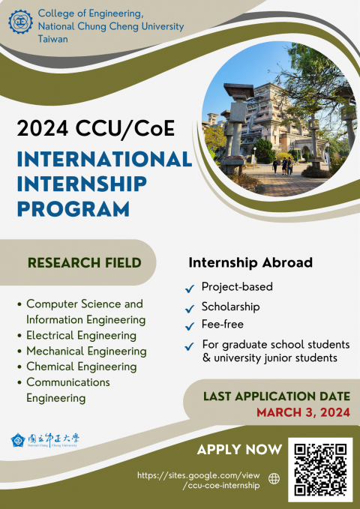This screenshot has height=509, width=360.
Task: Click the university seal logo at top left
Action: pyautogui.click(x=20, y=22)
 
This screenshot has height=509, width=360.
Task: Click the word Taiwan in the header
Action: pyautogui.click(x=52, y=39)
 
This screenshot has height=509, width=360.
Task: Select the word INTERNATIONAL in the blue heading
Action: pyautogui.click(x=103, y=160)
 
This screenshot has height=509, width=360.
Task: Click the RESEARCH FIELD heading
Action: pyautogui.click(x=84, y=262)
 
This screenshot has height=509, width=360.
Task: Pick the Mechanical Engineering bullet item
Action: pyautogui.click(x=86, y=351)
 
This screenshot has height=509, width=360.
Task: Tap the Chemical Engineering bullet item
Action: pyautogui.click(x=81, y=367)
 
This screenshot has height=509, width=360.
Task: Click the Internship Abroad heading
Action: pyautogui.click(x=250, y=263)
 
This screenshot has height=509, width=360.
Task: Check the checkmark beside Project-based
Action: pyautogui.click(x=190, y=289)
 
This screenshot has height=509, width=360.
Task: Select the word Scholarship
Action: pyautogui.click(x=230, y=307)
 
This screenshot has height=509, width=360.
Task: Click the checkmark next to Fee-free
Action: pyautogui.click(x=190, y=326)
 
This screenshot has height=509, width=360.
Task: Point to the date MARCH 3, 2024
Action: pyautogui.click(x=303, y=412)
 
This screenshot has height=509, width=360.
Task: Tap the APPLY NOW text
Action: pyautogui.click(x=239, y=450)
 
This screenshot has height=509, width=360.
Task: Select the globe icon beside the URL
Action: pyautogui.click(x=273, y=478)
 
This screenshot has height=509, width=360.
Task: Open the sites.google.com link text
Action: pyautogui.click(x=199, y=481)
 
